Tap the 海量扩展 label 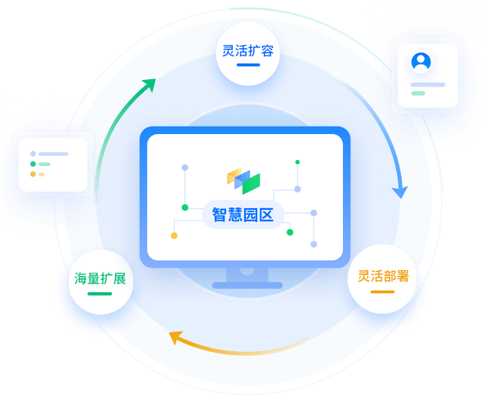(100, 278)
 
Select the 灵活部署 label (382, 275)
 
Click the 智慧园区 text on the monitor (243, 216)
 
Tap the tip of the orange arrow (170, 336)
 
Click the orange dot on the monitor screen (174, 236)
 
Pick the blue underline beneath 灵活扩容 (248, 65)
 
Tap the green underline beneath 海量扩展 (100, 293)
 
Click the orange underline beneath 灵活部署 (382, 290)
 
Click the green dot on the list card (33, 164)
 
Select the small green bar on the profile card (418, 93)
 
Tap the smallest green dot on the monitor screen (297, 162)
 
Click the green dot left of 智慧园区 (185, 207)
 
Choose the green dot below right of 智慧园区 (290, 232)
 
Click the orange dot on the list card (33, 174)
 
